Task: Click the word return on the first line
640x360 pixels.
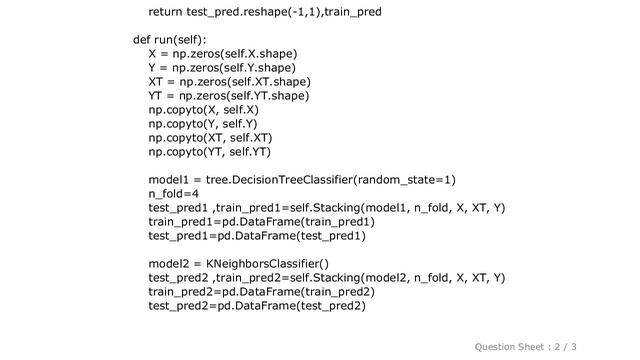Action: click(x=168, y=13)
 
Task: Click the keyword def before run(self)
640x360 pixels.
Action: click(x=143, y=41)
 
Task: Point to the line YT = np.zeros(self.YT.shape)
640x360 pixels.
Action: click(x=229, y=96)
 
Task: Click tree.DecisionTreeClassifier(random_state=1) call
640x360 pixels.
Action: click(x=328, y=180)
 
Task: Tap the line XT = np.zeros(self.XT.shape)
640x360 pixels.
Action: click(x=228, y=82)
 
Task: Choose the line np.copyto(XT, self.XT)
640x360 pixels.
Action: click(x=210, y=138)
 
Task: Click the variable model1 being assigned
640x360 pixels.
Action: click(x=171, y=180)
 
